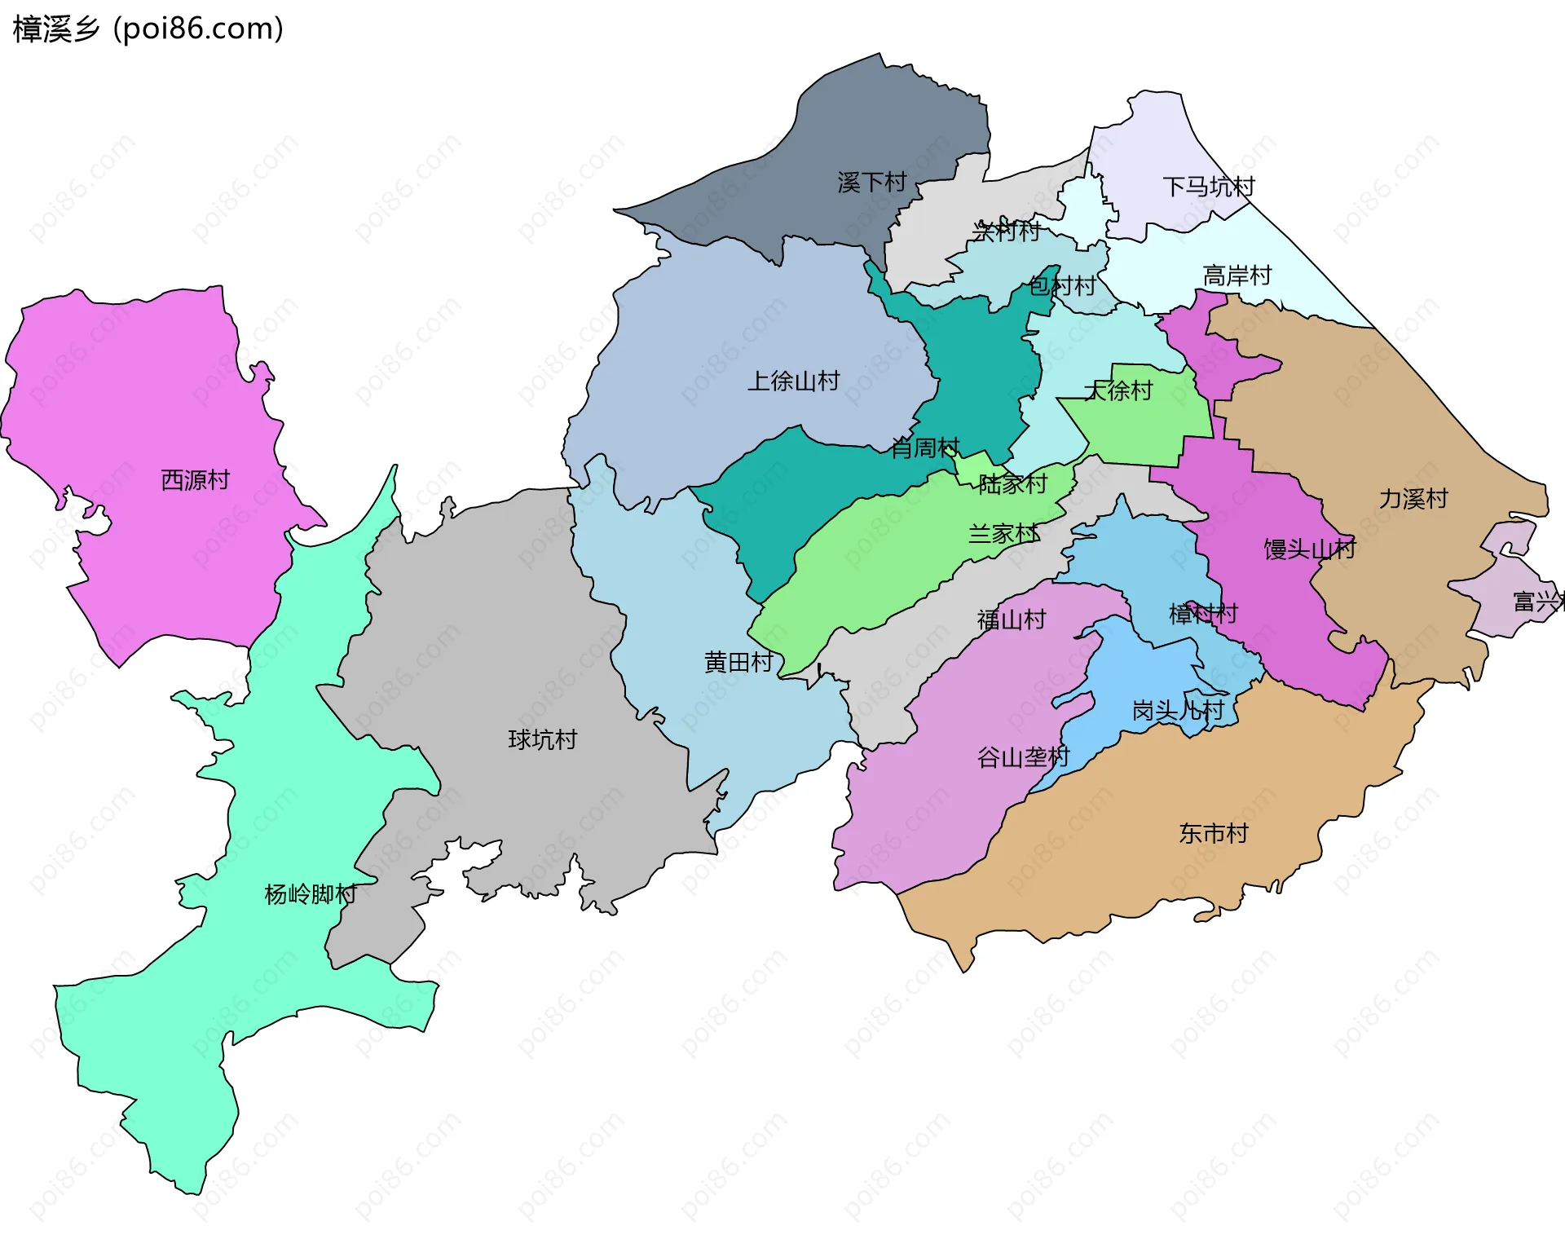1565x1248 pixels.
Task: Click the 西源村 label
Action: pyautogui.click(x=196, y=480)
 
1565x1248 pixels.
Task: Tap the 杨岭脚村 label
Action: pyautogui.click(x=311, y=895)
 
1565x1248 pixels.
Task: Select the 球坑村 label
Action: pyautogui.click(x=543, y=740)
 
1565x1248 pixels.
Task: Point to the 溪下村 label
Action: pyautogui.click(x=872, y=183)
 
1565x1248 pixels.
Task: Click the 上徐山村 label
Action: pyautogui.click(x=794, y=381)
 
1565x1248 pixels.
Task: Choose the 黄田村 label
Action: pyautogui.click(x=738, y=663)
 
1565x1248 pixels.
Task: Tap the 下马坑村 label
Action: pyautogui.click(x=1209, y=187)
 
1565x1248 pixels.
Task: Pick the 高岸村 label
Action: pyautogui.click(x=1237, y=276)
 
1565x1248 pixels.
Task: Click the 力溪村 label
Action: pyautogui.click(x=1413, y=499)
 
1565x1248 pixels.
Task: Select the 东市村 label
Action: pyautogui.click(x=1214, y=834)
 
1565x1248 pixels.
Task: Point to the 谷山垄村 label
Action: pyautogui.click(x=1023, y=758)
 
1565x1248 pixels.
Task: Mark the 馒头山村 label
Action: pyautogui.click(x=1310, y=549)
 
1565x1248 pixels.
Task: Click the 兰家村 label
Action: pyautogui.click(x=1003, y=535)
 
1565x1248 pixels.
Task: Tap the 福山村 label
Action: pyautogui.click(x=1012, y=620)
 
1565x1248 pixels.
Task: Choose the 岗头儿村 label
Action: pyautogui.click(x=1179, y=711)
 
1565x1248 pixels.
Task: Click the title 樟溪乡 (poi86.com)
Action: pyautogui.click(x=148, y=29)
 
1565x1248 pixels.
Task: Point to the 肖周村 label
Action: pyautogui.click(x=925, y=448)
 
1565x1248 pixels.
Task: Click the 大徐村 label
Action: pyautogui.click(x=1118, y=391)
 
